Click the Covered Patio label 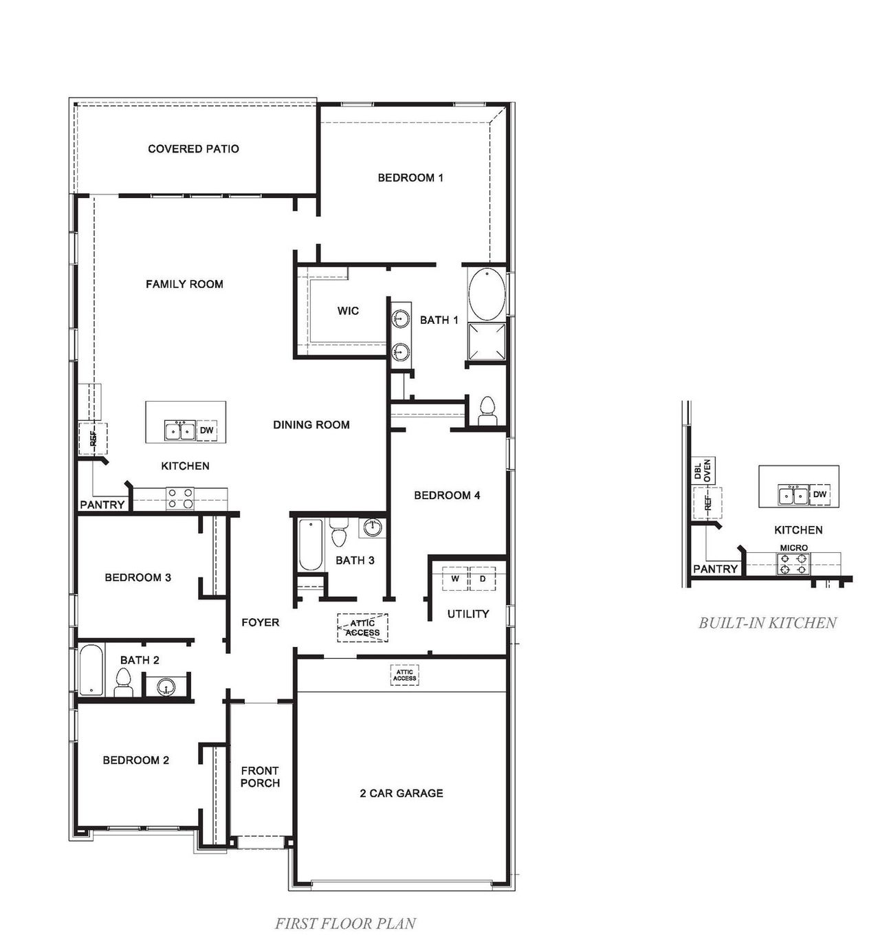pyautogui.click(x=193, y=149)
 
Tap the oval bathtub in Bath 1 pyautogui.click(x=487, y=294)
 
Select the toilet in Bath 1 pyautogui.click(x=487, y=411)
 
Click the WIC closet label pyautogui.click(x=348, y=311)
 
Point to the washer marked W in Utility pyautogui.click(x=454, y=579)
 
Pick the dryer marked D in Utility pyautogui.click(x=483, y=579)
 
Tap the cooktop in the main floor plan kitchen pyautogui.click(x=180, y=499)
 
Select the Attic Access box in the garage pyautogui.click(x=404, y=675)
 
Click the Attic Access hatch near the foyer pyautogui.click(x=362, y=628)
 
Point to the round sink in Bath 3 pyautogui.click(x=372, y=528)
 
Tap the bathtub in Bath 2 pyautogui.click(x=91, y=670)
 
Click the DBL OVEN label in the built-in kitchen pyautogui.click(x=703, y=470)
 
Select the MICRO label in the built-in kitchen pyautogui.click(x=793, y=548)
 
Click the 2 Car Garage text pyautogui.click(x=401, y=793)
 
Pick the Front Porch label pyautogui.click(x=260, y=777)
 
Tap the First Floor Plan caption pyautogui.click(x=345, y=923)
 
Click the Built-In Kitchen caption pyautogui.click(x=767, y=623)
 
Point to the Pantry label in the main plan pyautogui.click(x=102, y=505)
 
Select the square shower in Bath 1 pyautogui.click(x=487, y=341)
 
